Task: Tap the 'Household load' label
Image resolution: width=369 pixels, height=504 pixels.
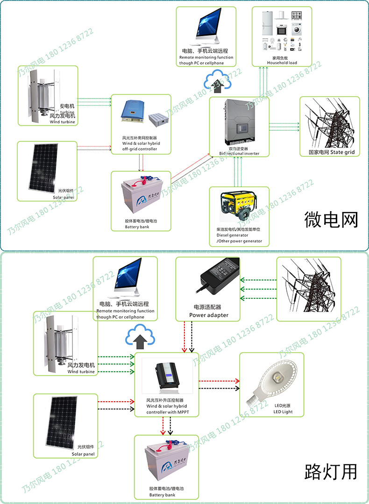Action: point(282,63)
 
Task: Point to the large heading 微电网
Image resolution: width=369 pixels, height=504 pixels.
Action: point(331,219)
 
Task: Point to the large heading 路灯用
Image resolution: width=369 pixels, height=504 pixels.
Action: point(331,471)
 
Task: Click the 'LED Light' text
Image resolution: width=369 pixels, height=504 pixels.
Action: point(283,412)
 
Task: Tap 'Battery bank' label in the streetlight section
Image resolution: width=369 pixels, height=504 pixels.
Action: point(163,495)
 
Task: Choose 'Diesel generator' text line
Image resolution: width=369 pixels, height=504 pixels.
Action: point(232,235)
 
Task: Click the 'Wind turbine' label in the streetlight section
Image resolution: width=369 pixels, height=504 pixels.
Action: point(81,372)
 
